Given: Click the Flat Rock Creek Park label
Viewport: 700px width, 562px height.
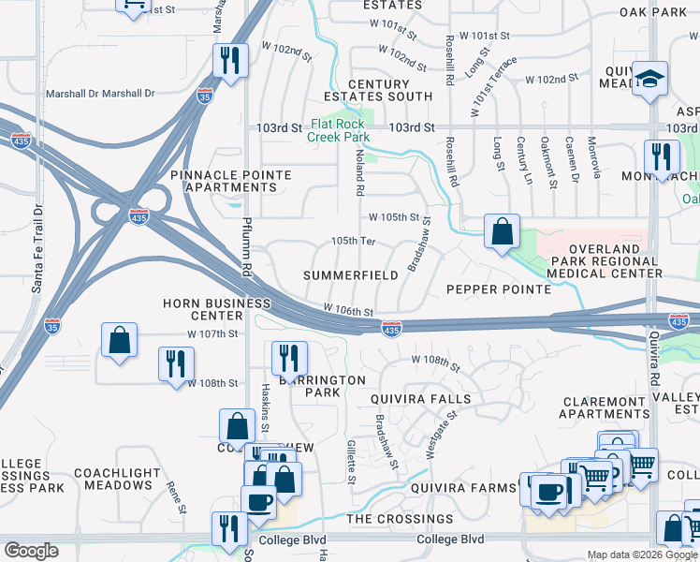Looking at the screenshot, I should [339, 130].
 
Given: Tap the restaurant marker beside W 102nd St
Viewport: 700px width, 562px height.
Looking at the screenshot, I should [230, 62].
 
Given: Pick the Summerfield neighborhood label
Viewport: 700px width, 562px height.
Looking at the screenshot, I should [350, 275].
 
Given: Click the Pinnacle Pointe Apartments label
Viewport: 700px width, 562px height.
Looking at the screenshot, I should [230, 181].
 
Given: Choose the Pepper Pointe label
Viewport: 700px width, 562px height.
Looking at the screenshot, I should [498, 289].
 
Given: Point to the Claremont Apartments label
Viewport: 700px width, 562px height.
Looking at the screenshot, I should [605, 407].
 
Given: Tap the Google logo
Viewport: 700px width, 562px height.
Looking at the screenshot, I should [32, 551].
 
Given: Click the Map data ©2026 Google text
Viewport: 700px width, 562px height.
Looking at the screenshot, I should [642, 555].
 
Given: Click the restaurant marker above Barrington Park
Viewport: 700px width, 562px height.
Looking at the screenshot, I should [288, 358].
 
